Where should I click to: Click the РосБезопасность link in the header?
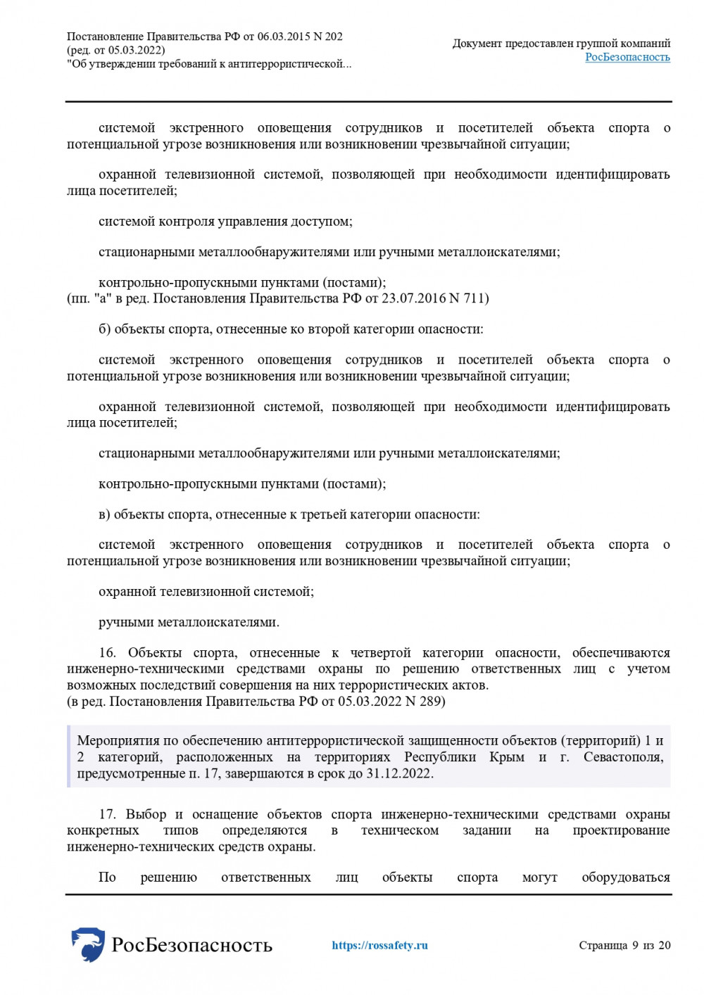coord(627,57)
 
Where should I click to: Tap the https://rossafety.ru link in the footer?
coord(379,945)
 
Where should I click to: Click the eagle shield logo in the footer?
coord(88,944)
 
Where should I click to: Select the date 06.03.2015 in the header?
coord(284,37)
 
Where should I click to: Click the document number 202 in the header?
coord(334,37)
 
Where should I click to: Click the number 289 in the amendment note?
coord(430,702)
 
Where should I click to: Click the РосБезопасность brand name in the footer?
coord(191,944)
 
